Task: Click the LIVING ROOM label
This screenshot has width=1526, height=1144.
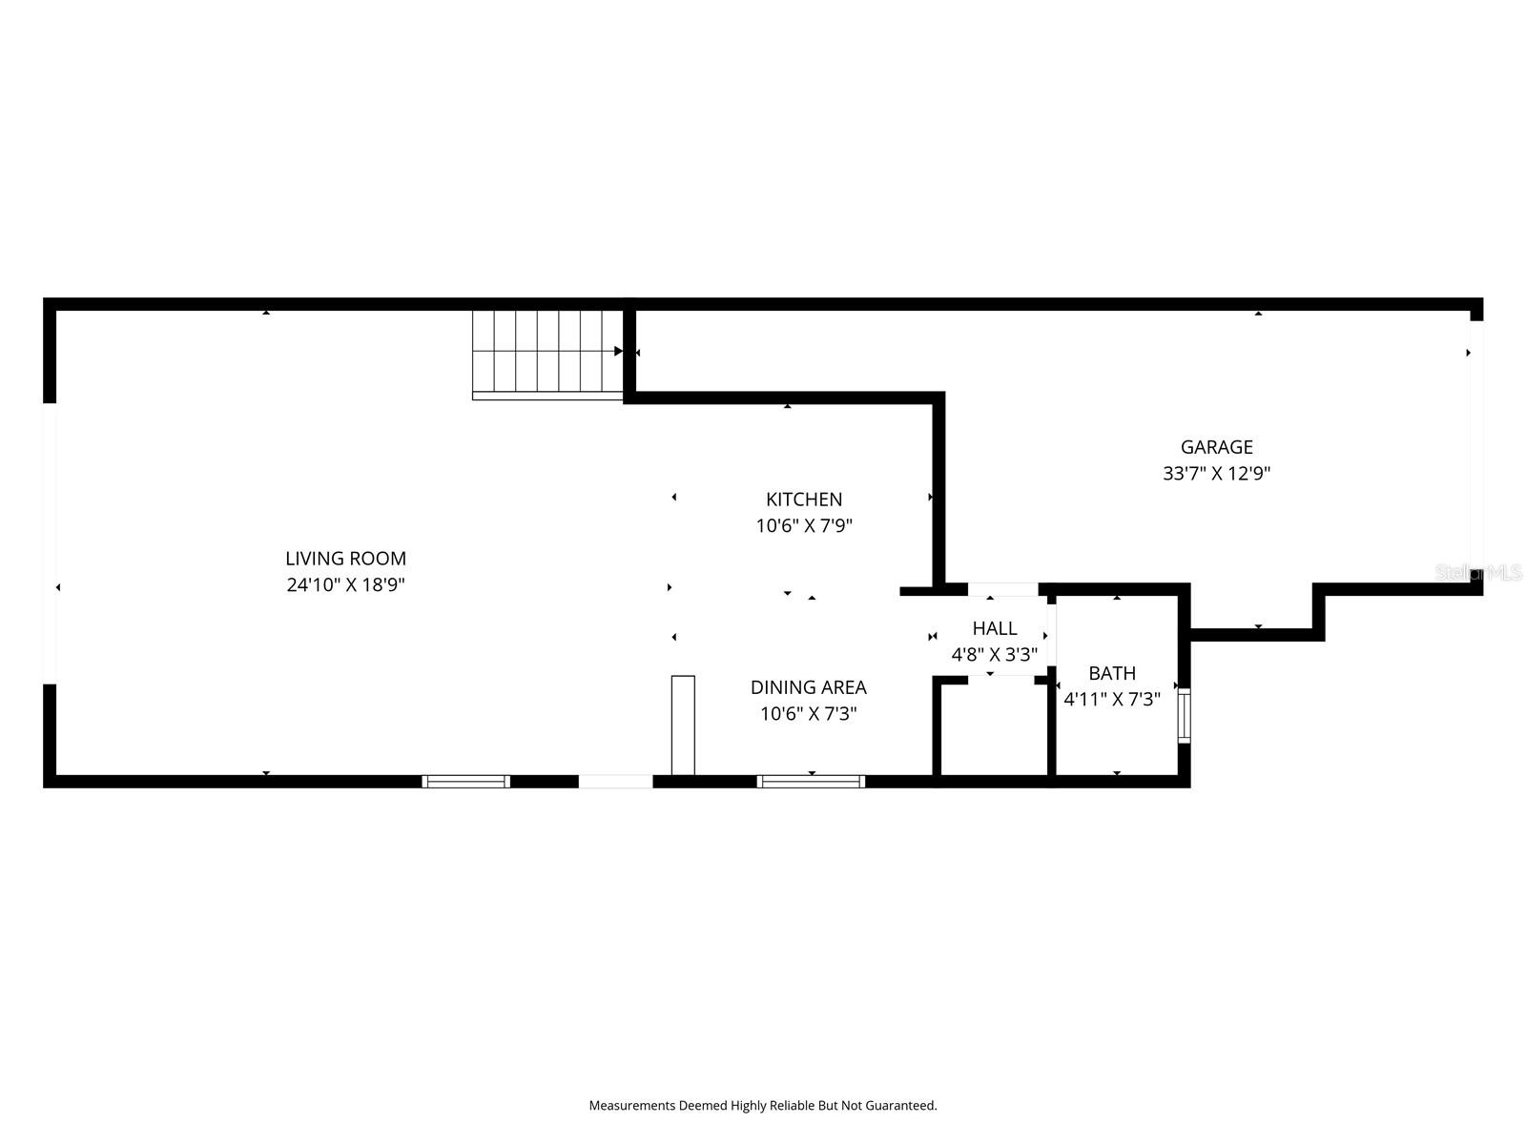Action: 345,559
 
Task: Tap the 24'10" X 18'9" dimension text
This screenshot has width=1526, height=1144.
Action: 345,585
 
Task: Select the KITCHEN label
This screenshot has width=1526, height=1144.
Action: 804,500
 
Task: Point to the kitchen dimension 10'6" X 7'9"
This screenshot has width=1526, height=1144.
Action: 804,525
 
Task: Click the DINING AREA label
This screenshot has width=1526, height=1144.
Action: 808,687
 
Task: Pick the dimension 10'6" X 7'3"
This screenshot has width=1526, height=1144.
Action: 808,714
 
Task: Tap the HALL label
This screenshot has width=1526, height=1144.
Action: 994,628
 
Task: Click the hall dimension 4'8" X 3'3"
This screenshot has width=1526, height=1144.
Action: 994,655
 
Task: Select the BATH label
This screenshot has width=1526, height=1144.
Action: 1111,673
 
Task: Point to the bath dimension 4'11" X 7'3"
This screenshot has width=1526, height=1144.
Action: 1111,700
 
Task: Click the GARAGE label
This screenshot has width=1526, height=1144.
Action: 1216,447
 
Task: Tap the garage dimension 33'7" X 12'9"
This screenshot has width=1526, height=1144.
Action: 1216,473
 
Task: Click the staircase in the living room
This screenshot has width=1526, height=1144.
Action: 547,353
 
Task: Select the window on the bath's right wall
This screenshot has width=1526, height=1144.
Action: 1184,715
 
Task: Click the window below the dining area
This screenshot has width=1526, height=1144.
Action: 811,782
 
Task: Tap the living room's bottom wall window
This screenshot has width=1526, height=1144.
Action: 465,782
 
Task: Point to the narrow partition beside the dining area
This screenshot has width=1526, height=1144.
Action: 683,725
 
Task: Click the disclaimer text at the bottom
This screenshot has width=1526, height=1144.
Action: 762,1106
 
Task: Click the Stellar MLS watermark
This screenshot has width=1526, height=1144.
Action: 1477,572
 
